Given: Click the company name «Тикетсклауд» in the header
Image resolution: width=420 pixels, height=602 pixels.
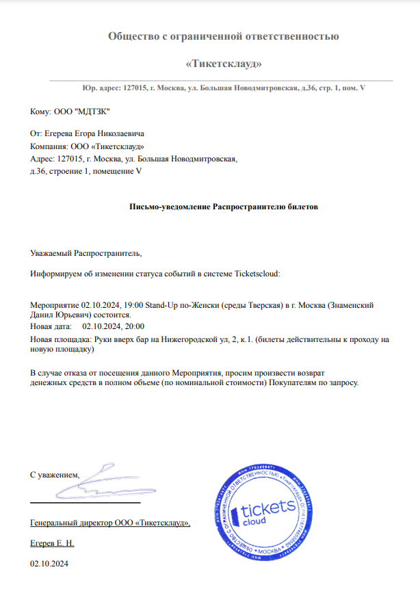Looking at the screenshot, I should click(x=224, y=64).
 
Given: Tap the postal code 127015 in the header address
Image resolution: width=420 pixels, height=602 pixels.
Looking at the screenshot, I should click(x=135, y=88).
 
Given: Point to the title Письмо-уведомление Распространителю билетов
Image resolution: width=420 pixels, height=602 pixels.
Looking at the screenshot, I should click(x=224, y=206).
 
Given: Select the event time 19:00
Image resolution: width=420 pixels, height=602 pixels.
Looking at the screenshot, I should click(x=135, y=305).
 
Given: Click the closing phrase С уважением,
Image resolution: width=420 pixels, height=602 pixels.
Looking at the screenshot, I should click(x=55, y=474).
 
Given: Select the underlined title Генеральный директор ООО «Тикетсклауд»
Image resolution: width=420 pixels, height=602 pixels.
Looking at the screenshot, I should click(x=110, y=523).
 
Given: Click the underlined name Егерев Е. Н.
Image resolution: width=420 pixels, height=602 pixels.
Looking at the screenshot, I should click(x=52, y=543).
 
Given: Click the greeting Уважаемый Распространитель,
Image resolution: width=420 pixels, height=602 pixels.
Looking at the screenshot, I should click(x=86, y=253).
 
